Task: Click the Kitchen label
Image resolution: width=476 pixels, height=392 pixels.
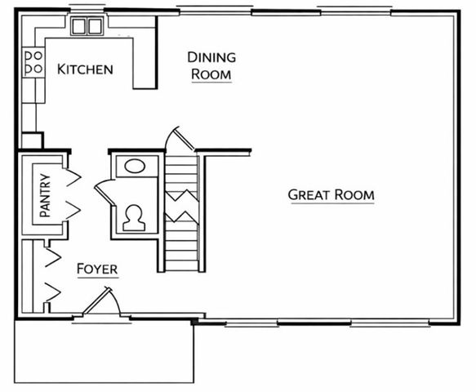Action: point(85,69)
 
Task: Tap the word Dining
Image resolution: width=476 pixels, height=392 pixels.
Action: point(211,57)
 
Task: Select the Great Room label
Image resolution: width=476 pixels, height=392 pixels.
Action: point(331,195)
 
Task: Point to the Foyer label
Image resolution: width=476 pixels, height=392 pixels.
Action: point(97,269)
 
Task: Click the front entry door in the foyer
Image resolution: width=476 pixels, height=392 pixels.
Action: point(101,303)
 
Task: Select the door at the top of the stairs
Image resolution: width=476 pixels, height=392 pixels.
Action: point(179,140)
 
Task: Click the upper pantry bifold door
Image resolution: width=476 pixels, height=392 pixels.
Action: point(72,176)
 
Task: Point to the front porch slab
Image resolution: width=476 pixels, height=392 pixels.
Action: point(104,351)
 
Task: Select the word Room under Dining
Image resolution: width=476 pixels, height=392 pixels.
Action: point(211,73)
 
